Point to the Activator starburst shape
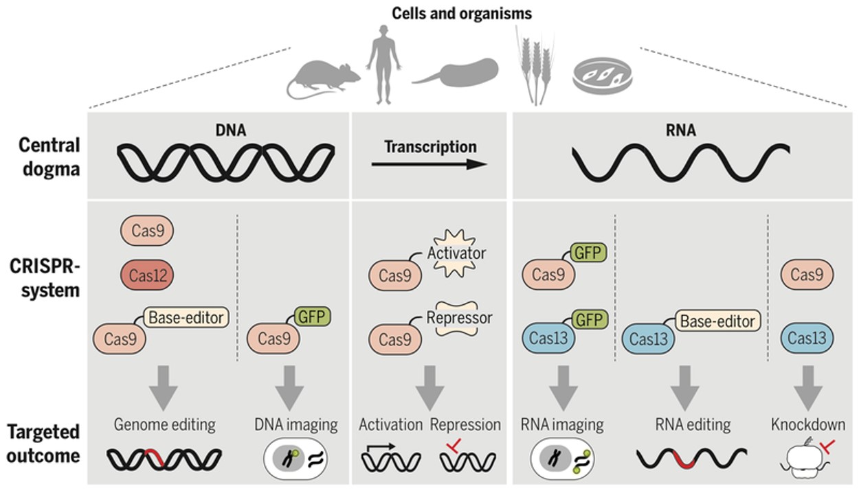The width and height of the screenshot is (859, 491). (x=456, y=253)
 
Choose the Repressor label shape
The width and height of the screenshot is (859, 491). (x=460, y=319)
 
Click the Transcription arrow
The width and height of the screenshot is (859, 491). (x=429, y=164)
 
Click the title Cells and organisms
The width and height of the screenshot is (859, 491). (x=461, y=13)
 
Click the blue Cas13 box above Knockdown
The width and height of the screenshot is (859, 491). (x=807, y=339)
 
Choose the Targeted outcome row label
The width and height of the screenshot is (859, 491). (x=44, y=444)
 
